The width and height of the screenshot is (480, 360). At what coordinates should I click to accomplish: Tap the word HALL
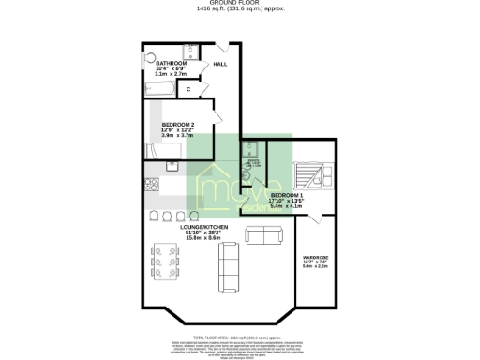click(x=220, y=64)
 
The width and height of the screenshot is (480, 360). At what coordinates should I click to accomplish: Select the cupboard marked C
click(x=189, y=89)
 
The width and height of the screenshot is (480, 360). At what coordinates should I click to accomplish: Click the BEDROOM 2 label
click(x=178, y=125)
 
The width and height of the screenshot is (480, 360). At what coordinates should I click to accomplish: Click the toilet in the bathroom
click(x=149, y=55)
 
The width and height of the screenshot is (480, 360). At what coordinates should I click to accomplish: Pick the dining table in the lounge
click(x=166, y=262)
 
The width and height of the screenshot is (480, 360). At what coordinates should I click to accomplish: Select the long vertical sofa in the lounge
click(x=228, y=272)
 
